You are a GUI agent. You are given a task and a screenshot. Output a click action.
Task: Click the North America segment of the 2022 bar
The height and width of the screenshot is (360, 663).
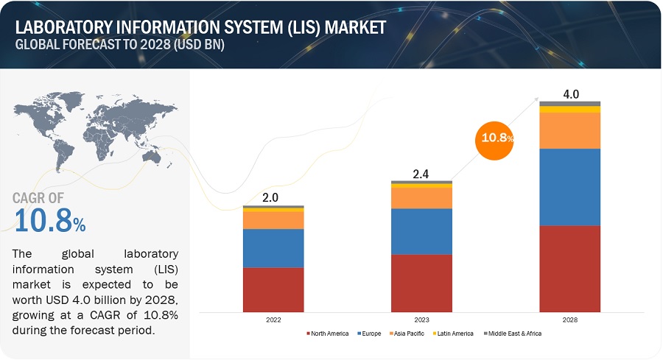[273, 289]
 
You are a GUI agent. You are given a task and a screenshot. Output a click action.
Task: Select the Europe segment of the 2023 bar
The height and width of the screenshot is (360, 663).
[421, 231]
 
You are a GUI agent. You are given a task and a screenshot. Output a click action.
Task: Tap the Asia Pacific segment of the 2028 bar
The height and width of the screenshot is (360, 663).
[569, 130]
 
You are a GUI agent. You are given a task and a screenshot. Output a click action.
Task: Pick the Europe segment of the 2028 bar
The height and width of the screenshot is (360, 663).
[569, 187]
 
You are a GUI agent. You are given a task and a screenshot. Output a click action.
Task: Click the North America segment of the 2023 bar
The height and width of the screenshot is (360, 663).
[421, 282]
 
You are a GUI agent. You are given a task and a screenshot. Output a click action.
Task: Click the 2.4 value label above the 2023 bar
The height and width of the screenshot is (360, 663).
[421, 174]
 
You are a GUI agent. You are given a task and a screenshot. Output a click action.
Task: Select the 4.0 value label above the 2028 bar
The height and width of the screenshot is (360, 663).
[570, 94]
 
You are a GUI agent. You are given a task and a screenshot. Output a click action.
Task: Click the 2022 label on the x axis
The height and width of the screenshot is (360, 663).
[273, 320]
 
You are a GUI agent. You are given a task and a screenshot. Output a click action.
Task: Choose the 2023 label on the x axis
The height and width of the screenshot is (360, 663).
[421, 320]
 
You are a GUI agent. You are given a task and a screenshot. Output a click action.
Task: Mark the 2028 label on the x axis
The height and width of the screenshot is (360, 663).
[569, 320]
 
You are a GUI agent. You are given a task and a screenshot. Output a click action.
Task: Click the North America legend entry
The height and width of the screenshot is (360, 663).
[326, 333]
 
